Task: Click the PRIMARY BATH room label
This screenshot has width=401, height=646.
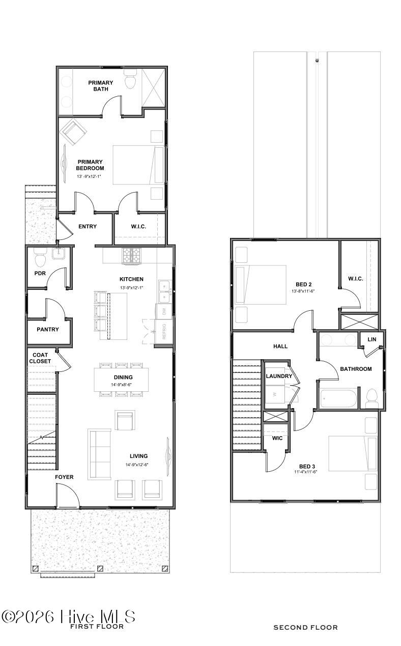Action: (x=101, y=86)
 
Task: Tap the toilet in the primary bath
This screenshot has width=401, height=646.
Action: (x=130, y=79)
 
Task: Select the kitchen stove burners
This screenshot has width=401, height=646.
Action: (x=132, y=255)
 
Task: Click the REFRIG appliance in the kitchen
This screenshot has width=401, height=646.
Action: (x=164, y=331)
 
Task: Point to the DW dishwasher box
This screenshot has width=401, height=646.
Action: (x=164, y=311)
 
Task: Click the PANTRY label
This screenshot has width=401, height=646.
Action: (x=48, y=329)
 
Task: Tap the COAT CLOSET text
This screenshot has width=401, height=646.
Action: (x=40, y=358)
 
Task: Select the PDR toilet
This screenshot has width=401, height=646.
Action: (x=40, y=258)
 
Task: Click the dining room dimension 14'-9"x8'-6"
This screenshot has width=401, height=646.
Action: (x=121, y=385)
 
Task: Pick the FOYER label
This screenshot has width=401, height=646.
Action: (x=64, y=477)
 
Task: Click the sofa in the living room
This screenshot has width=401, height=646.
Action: (x=99, y=454)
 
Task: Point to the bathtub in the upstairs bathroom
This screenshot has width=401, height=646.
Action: (x=338, y=398)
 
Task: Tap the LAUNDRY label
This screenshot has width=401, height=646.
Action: (x=279, y=376)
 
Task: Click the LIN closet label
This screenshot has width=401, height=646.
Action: (x=372, y=339)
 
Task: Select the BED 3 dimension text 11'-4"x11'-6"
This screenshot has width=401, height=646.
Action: (x=306, y=472)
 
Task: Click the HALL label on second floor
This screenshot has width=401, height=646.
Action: (x=280, y=346)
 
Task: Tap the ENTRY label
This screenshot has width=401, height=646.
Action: (x=88, y=227)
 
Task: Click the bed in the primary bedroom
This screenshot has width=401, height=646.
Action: (x=138, y=165)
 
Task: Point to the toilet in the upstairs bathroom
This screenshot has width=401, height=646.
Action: (x=371, y=398)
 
